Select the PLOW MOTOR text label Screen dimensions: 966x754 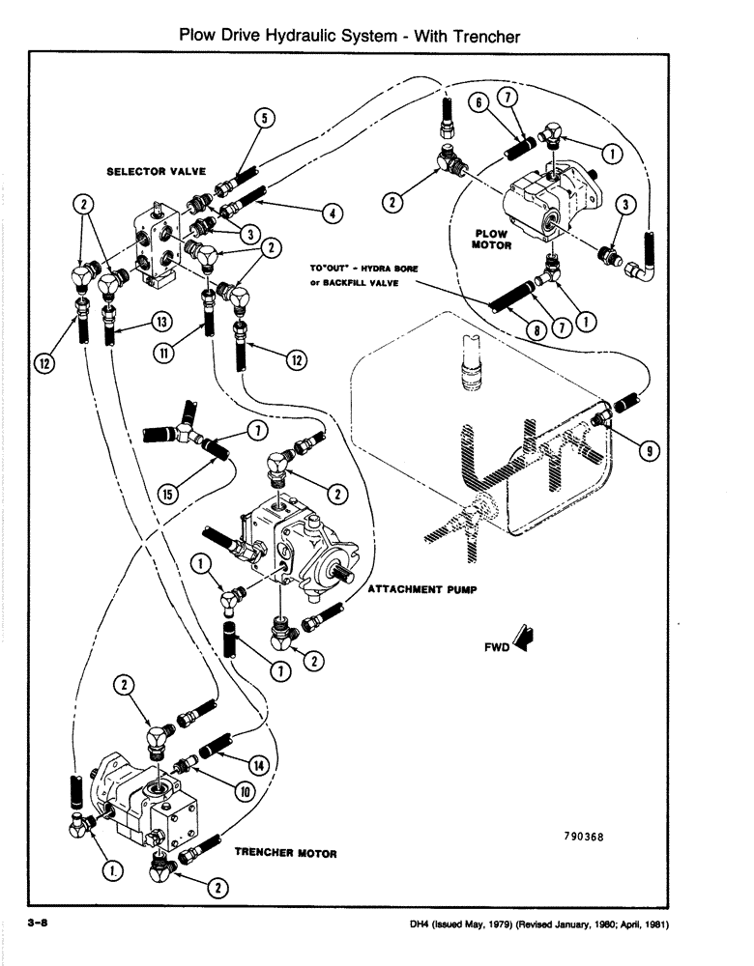click(491, 240)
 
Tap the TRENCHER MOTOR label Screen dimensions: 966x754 click(285, 854)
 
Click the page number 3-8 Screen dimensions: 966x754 click(39, 924)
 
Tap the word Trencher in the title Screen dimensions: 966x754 click(480, 37)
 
